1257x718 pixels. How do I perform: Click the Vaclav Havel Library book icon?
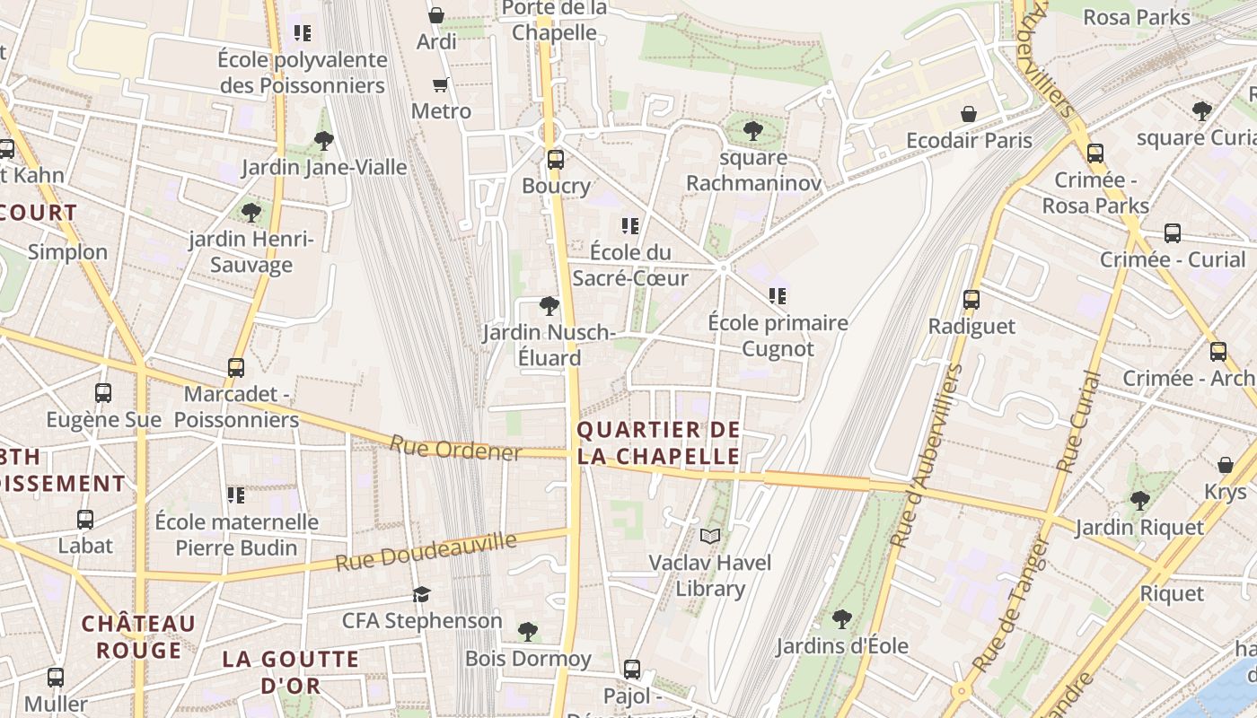click(x=710, y=537)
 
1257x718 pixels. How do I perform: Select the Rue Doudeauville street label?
click(x=426, y=551)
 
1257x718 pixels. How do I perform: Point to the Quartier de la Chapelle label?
click(x=659, y=442)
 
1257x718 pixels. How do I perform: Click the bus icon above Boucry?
click(x=556, y=160)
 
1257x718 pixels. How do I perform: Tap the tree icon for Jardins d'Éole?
click(x=841, y=618)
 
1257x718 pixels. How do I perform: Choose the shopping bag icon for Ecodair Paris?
click(x=969, y=114)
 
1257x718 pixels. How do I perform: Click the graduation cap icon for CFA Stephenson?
click(x=421, y=594)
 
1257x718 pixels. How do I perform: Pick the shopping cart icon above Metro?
click(x=440, y=85)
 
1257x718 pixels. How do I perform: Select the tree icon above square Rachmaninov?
click(x=753, y=131)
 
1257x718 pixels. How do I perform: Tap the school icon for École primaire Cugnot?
click(x=778, y=295)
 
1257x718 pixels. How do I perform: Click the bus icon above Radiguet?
click(x=971, y=300)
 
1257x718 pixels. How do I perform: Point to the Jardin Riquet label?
click(x=1139, y=527)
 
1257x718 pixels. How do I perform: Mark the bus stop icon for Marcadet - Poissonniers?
click(x=236, y=367)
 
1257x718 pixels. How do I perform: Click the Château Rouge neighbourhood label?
click(x=138, y=636)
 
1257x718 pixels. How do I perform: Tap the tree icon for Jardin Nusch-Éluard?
click(x=549, y=306)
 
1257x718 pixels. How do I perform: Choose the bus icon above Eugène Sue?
click(x=103, y=393)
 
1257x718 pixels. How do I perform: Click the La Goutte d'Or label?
click(x=290, y=671)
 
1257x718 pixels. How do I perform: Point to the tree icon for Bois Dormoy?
click(x=528, y=632)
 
